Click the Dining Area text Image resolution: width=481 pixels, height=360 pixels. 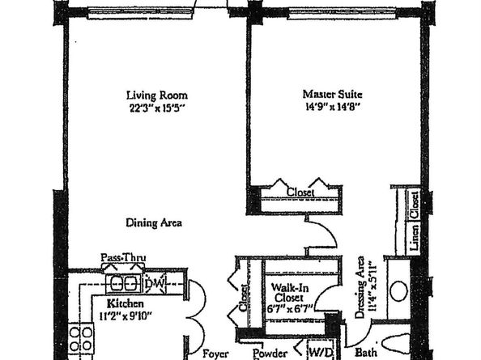pyautogui.click(x=153, y=222)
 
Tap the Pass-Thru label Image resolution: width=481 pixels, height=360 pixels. pyautogui.click(x=117, y=258)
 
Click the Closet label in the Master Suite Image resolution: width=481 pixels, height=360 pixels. pyautogui.click(x=301, y=192)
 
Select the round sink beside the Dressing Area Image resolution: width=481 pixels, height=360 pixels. pyautogui.click(x=400, y=292)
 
